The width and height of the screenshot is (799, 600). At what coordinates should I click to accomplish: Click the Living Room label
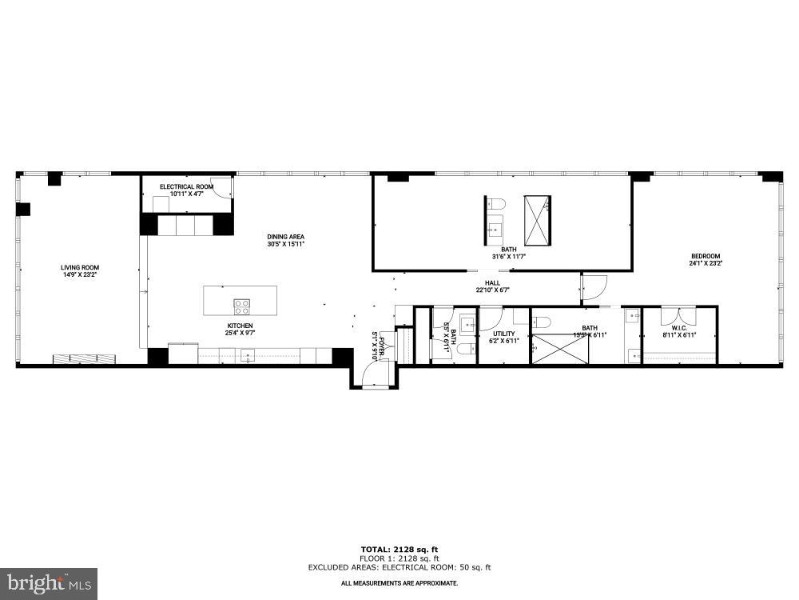(x=80, y=267)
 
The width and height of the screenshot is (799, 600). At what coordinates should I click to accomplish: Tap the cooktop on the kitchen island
(x=241, y=305)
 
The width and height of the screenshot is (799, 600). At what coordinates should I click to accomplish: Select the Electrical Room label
(x=186, y=186)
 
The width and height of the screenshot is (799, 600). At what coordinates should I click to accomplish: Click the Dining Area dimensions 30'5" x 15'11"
(x=285, y=245)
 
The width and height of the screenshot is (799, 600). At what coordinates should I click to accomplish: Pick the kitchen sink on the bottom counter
(x=248, y=356)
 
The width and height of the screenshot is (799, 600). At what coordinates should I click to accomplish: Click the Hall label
(x=493, y=282)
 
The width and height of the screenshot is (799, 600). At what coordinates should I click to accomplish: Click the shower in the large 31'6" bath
(x=537, y=220)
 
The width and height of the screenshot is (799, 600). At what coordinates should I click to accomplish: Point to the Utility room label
(x=503, y=334)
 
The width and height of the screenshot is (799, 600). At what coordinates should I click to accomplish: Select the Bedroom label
(x=706, y=256)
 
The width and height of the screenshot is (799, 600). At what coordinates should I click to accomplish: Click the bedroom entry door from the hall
(x=595, y=286)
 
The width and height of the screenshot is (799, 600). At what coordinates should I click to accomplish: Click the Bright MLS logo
(x=48, y=583)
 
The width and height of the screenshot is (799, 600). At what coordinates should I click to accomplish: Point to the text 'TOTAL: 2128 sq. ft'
(x=399, y=549)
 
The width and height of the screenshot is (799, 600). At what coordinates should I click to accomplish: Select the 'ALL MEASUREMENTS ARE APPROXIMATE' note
(x=399, y=584)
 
